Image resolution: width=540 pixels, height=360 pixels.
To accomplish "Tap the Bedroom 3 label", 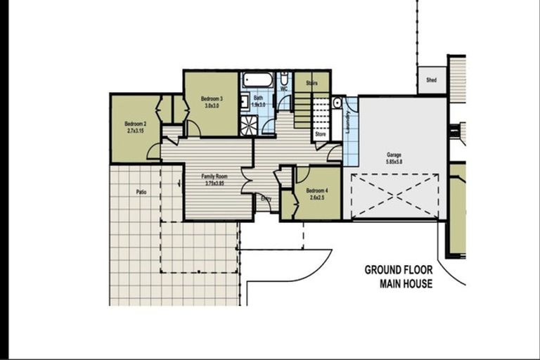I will (212, 98).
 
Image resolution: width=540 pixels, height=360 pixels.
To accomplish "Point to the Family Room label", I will (214, 176).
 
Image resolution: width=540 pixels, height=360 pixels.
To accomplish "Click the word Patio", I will (141, 191).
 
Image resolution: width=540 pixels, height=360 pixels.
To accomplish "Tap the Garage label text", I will (393, 154).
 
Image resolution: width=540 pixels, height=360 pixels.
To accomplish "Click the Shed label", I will (431, 80).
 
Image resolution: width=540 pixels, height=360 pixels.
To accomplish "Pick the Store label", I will (321, 133).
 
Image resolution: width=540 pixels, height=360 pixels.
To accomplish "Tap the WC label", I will (283, 89).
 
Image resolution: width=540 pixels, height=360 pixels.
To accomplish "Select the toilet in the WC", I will (284, 77).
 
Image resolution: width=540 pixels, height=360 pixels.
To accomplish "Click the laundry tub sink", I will (337, 103).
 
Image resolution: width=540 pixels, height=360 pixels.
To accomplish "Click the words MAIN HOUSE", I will (406, 284).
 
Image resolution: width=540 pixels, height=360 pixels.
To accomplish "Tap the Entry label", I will (266, 199).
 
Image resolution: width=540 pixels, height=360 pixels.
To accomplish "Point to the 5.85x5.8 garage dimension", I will (393, 162).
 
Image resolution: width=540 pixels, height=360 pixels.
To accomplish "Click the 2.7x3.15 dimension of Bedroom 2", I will (135, 131).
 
